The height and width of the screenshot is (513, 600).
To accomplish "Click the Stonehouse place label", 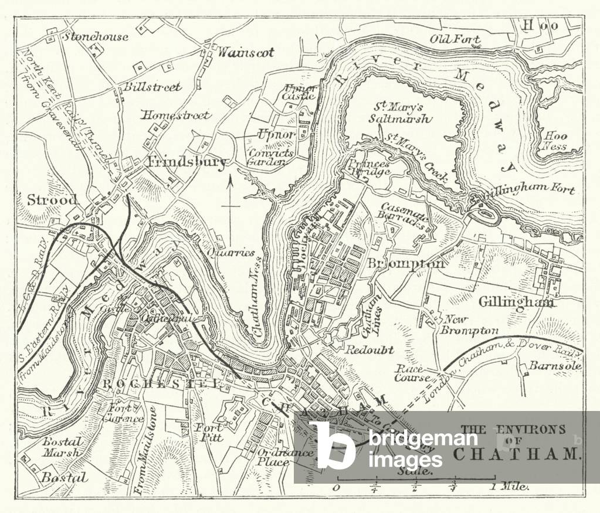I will pyautogui.click(x=96, y=36).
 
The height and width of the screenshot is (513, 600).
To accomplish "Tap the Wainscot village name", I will pyautogui.click(x=246, y=52).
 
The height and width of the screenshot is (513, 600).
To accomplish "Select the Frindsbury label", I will pyautogui.click(x=187, y=162).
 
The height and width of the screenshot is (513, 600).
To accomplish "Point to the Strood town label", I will pyautogui.click(x=52, y=200).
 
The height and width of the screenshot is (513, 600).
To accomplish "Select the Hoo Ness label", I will pyautogui.click(x=554, y=141).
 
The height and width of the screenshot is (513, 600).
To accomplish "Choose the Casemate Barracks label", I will pyautogui.click(x=405, y=213).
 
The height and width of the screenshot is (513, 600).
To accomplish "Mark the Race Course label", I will pyautogui.click(x=412, y=373).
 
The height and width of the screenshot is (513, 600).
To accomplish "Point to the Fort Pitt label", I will pyautogui.click(x=208, y=432).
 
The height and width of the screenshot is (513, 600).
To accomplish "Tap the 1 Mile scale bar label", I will pyautogui.click(x=510, y=486).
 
